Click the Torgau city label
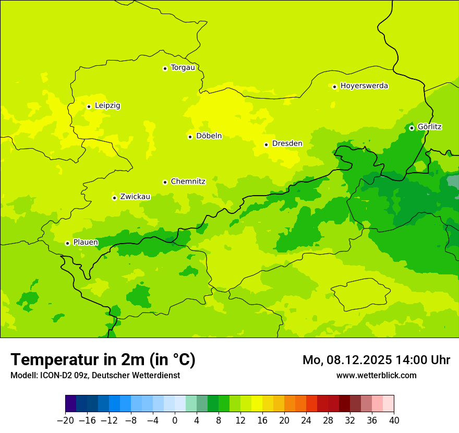point(183,67)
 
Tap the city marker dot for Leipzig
point(89,106)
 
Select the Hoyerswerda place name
point(364,86)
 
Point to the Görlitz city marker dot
point(412,128)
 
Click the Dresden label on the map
point(287,143)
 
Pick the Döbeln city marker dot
point(190,137)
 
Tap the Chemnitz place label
point(188,182)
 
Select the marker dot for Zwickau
point(114,198)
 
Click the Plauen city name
point(86,242)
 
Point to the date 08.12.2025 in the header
point(358,360)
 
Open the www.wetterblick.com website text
point(376,375)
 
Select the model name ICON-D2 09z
point(63,375)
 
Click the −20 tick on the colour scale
point(65,420)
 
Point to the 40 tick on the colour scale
point(394,420)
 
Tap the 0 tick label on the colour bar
point(175,420)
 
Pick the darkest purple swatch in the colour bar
point(71,404)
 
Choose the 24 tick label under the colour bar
point(306,420)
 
